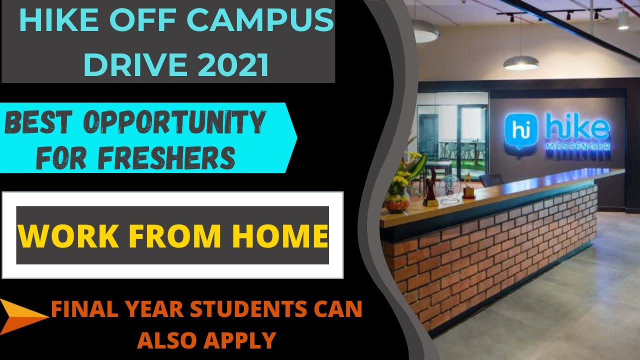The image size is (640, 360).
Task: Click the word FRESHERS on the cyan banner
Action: [166, 157]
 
